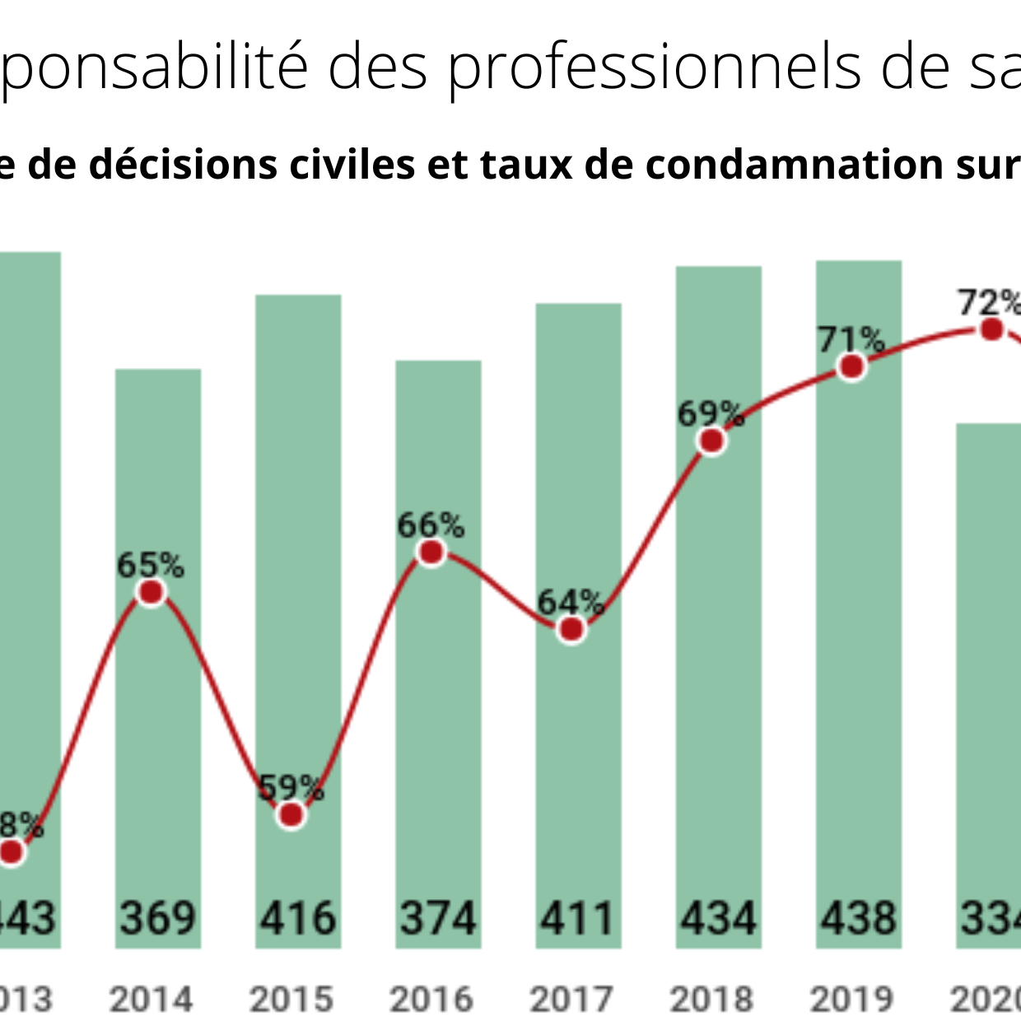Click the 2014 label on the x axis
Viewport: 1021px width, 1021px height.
coord(152,1000)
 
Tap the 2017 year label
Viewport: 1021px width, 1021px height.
coord(571,1000)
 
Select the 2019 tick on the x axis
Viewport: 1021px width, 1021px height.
coord(851,1000)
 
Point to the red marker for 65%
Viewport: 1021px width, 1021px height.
coord(152,593)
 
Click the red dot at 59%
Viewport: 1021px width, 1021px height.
coord(291,815)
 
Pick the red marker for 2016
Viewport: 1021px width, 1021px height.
coord(431,553)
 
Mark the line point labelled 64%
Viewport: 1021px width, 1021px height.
coord(571,630)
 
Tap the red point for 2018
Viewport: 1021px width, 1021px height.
coord(711,441)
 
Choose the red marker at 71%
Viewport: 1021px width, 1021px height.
coord(851,366)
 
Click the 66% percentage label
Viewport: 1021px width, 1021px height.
coord(431,525)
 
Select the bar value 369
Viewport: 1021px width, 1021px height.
coord(158,918)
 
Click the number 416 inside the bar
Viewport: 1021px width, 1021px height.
coord(298,918)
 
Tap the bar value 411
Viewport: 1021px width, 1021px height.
coord(577,918)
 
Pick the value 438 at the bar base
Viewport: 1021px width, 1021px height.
coord(858,918)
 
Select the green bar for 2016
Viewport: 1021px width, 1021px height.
coord(438,700)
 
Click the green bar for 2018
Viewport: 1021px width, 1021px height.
coord(719,659)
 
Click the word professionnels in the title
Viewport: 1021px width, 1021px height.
coord(655,66)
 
